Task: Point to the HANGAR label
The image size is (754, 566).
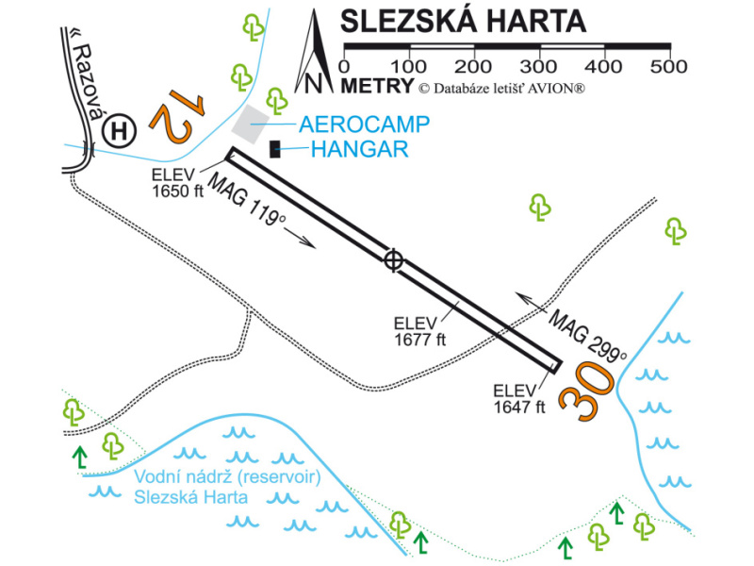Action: click(x=359, y=148)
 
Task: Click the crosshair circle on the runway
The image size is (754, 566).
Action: click(x=395, y=259)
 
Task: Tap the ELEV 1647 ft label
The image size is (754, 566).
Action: click(x=519, y=400)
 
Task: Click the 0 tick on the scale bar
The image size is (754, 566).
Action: click(x=343, y=67)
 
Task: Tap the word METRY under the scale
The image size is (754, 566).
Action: click(x=378, y=87)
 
